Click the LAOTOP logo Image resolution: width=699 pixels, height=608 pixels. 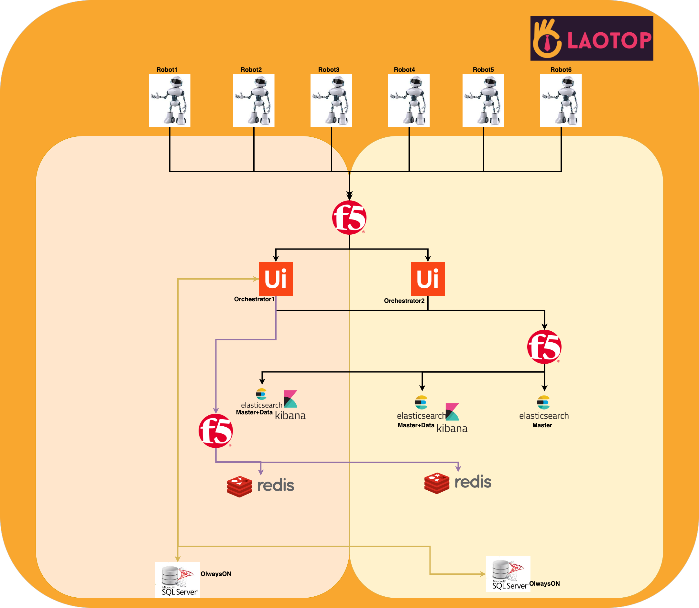pyautogui.click(x=591, y=38)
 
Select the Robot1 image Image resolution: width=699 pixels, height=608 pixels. pyautogui.click(x=169, y=101)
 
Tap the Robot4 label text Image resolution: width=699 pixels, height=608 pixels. pyautogui.click(x=404, y=69)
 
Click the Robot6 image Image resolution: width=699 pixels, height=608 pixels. pyautogui.click(x=561, y=101)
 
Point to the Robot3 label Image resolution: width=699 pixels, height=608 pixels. pyautogui.click(x=328, y=69)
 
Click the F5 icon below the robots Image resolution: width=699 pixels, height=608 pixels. pyautogui.click(x=349, y=218)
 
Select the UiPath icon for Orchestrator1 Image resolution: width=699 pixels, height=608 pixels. pyautogui.click(x=275, y=279)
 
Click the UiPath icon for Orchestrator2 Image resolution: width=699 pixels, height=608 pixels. pyautogui.click(x=427, y=279)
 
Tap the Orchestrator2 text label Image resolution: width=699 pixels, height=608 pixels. pyautogui.click(x=404, y=301)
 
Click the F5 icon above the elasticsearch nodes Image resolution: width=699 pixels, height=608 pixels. pyautogui.click(x=544, y=347)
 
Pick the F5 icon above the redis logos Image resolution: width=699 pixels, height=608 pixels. pyautogui.click(x=215, y=431)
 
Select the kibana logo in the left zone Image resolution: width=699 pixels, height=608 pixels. pyautogui.click(x=290, y=405)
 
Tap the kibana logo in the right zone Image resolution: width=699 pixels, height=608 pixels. pyautogui.click(x=452, y=418)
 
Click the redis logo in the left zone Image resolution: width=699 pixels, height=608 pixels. pyautogui.click(x=260, y=486)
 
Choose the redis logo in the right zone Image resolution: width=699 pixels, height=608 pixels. pyautogui.click(x=458, y=483)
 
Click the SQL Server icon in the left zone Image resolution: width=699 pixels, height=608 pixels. pyautogui.click(x=177, y=580)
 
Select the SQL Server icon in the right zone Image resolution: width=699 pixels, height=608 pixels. pyautogui.click(x=508, y=574)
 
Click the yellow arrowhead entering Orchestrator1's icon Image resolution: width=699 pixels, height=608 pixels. pyautogui.click(x=256, y=279)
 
